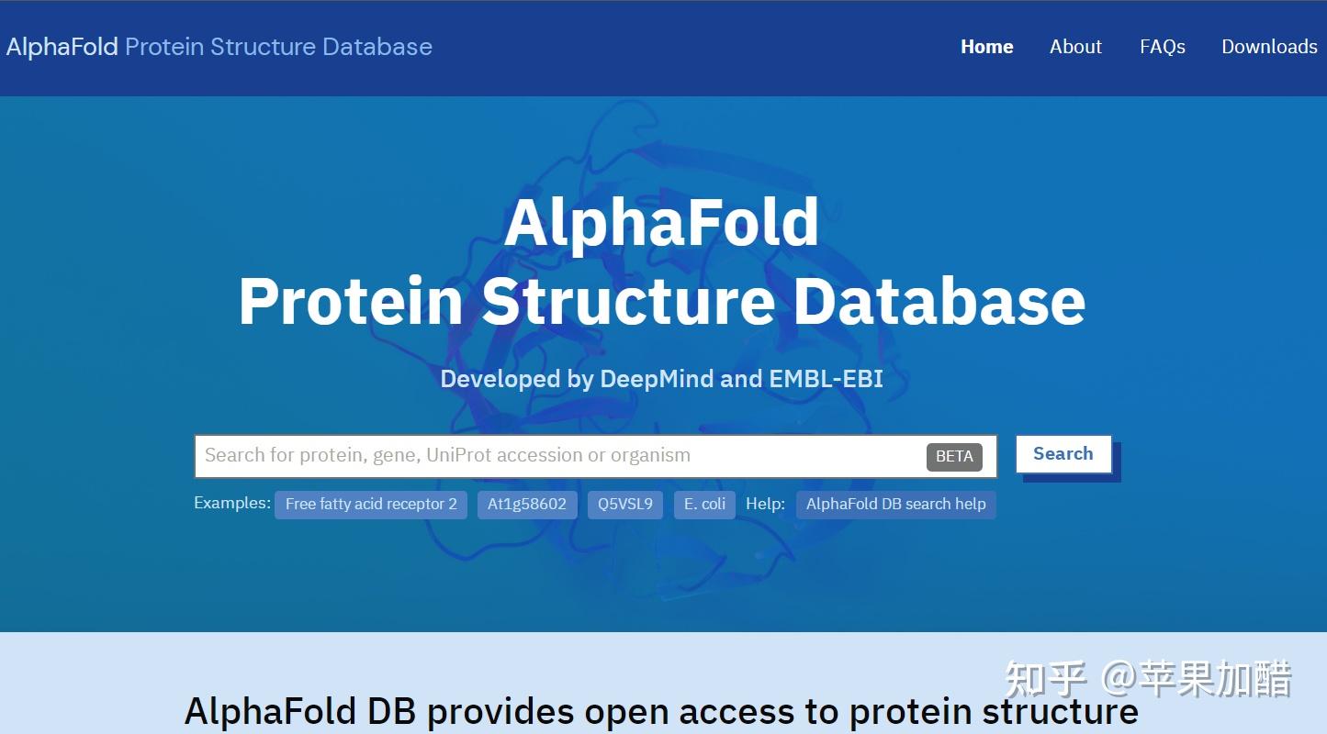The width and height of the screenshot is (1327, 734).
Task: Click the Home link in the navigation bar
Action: tap(987, 47)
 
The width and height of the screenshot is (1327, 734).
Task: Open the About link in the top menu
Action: tap(1075, 47)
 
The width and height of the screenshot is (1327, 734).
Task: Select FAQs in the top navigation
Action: tap(1163, 47)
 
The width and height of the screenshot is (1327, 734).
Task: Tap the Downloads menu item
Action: tap(1269, 47)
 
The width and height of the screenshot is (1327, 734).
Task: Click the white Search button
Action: tap(1063, 454)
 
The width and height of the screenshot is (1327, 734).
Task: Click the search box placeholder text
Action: tap(447, 455)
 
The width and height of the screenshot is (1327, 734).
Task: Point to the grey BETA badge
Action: tap(954, 457)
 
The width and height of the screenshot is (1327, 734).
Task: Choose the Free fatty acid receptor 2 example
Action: tap(371, 505)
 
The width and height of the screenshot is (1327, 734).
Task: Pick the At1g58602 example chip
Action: tap(526, 505)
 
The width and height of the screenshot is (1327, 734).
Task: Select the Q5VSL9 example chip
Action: tap(625, 505)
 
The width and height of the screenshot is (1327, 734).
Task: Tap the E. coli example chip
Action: tap(704, 505)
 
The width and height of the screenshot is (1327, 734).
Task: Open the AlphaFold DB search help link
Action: tap(895, 505)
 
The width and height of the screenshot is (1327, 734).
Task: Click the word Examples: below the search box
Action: tap(232, 503)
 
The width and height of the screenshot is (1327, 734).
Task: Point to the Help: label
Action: tap(765, 504)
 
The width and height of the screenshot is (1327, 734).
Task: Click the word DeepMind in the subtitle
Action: tap(657, 379)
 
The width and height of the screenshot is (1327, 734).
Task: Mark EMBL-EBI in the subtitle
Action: tap(826, 379)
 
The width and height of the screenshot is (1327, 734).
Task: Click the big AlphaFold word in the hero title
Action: tap(661, 223)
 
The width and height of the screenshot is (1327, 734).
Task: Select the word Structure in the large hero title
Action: tap(628, 301)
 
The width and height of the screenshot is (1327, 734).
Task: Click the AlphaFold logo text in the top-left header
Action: tap(62, 47)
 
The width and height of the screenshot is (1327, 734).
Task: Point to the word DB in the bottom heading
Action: tap(391, 711)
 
